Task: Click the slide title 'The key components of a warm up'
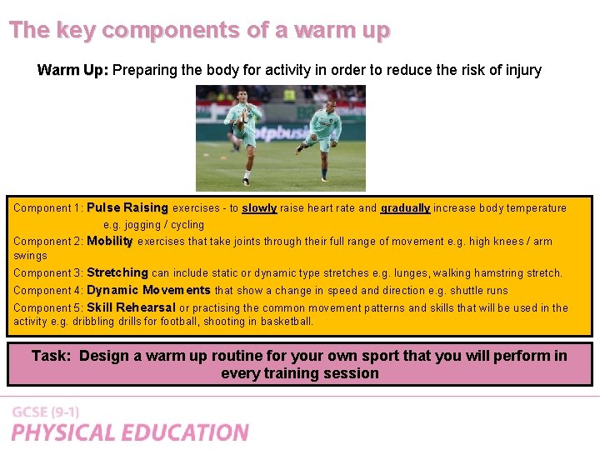199,30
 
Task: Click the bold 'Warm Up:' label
72,70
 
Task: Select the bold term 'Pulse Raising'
127,207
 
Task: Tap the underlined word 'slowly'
259,208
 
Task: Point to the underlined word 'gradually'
405,208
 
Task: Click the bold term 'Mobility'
110,241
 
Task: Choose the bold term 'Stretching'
117,272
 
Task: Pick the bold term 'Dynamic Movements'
148,290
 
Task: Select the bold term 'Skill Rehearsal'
131,307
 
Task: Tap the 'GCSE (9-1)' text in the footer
45,412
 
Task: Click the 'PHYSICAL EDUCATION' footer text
130,432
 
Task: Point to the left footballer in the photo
243,133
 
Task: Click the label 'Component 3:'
48,273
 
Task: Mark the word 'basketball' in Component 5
287,321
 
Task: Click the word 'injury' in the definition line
522,70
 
